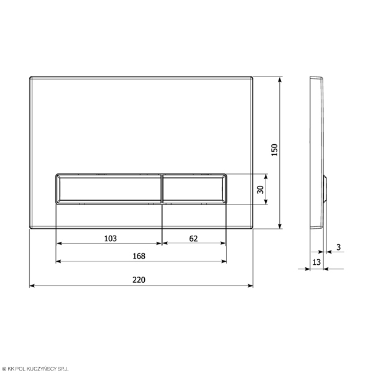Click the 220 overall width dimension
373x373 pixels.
pos(139,280)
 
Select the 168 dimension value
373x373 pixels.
pos(139,256)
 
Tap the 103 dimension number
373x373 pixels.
pos(111,238)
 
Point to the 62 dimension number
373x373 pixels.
pos(193,238)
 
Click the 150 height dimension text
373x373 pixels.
pos(275,150)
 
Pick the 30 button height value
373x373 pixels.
pos(260,190)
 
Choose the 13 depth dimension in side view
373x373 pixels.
pos(316,262)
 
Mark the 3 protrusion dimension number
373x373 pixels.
pos(339,247)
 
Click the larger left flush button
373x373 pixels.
pos(109,189)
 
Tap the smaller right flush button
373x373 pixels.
pos(194,189)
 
